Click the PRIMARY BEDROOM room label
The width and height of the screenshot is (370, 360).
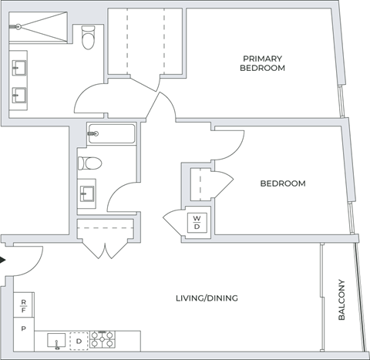click(x=264, y=63)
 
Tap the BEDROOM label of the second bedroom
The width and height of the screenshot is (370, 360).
click(x=282, y=183)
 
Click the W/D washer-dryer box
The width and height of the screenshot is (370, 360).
click(x=197, y=222)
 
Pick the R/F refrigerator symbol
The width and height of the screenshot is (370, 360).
click(x=24, y=305)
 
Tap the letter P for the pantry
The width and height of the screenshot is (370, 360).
click(x=24, y=328)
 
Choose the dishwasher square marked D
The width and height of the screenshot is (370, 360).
click(x=79, y=340)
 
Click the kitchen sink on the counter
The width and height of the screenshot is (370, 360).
click(x=55, y=339)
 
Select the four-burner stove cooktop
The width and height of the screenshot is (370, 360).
click(x=103, y=339)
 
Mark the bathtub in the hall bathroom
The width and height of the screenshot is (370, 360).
click(x=111, y=134)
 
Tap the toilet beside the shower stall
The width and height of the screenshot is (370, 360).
click(x=88, y=35)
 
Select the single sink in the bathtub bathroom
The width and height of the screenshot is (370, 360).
click(x=86, y=193)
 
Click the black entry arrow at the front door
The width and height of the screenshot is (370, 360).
click(x=3, y=260)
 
